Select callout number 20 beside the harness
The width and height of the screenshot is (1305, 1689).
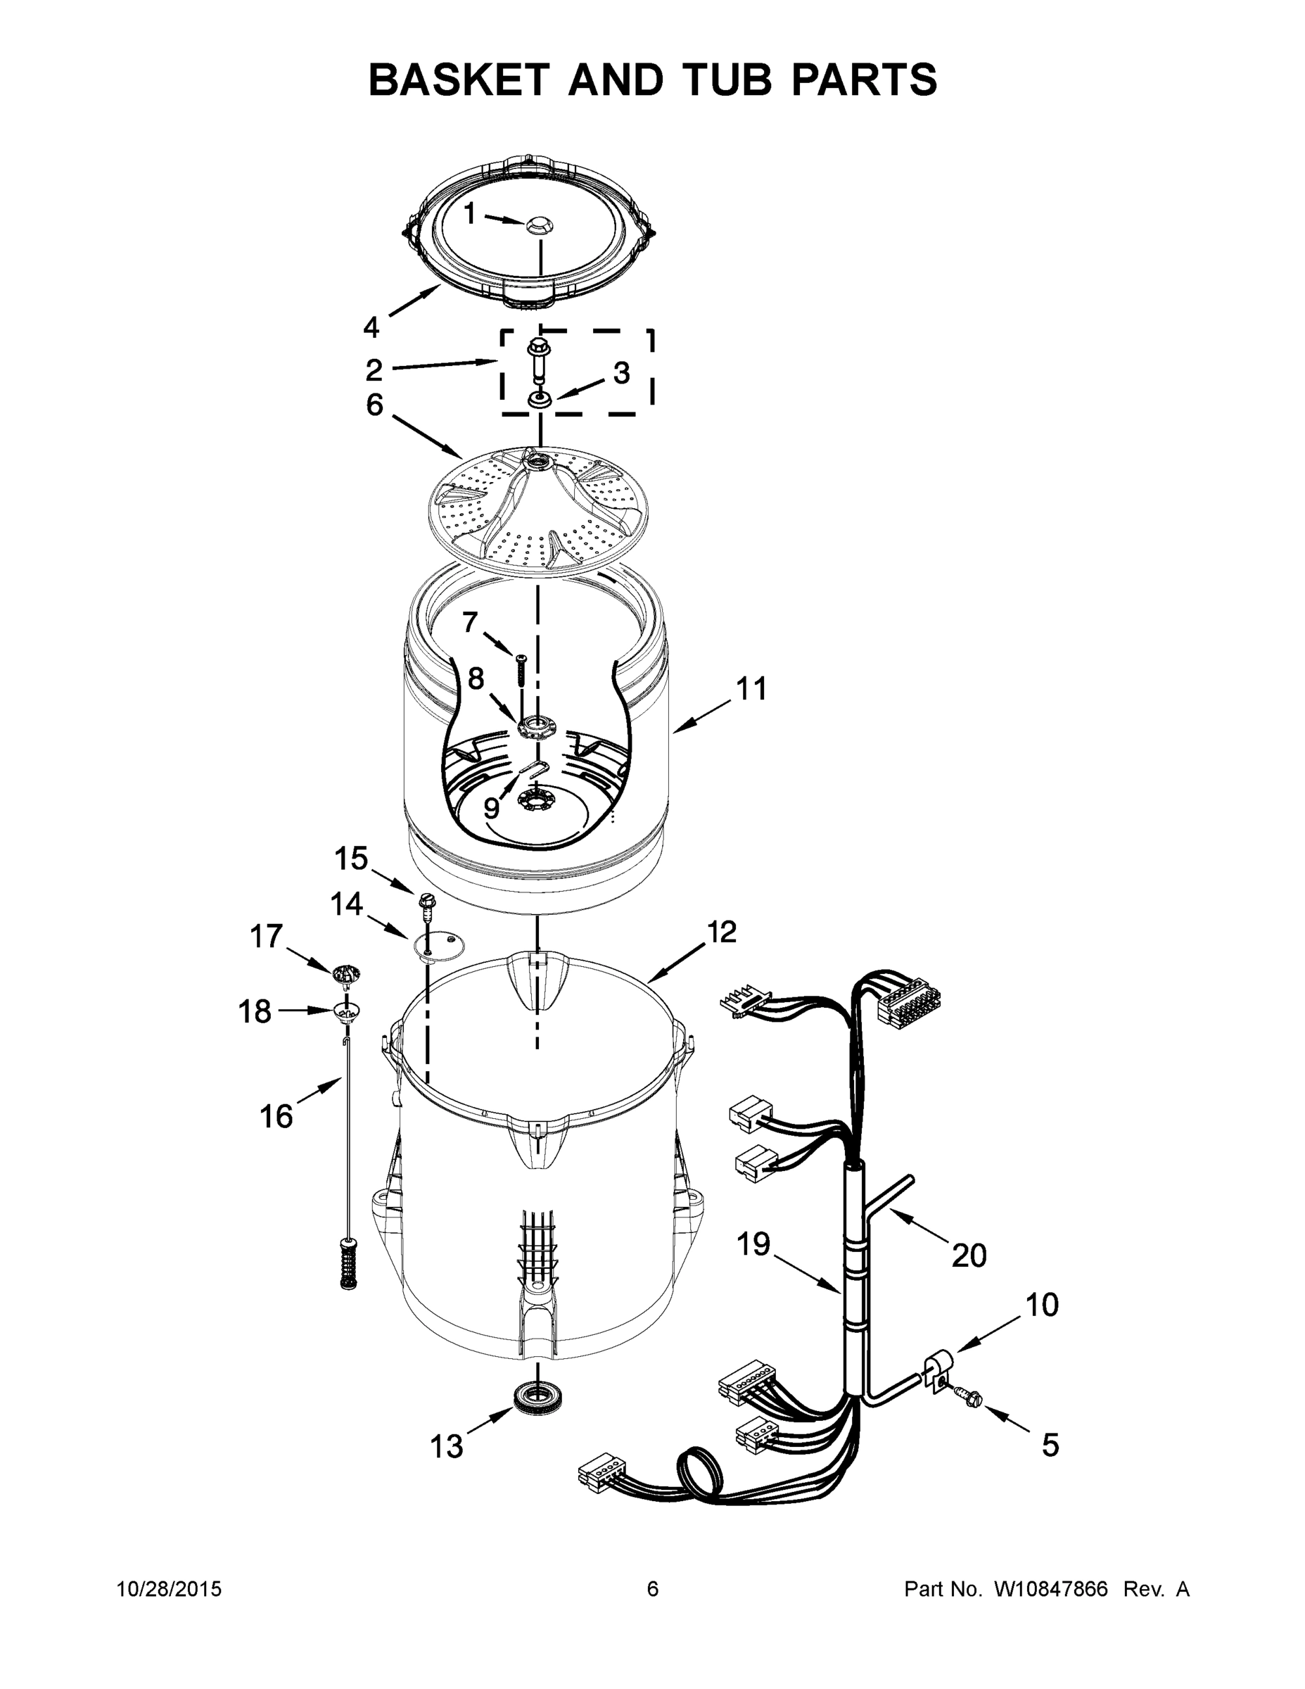[969, 1255]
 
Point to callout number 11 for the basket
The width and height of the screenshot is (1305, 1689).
[751, 688]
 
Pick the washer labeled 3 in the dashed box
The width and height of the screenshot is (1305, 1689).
[539, 400]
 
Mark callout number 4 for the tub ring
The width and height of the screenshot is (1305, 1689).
[371, 328]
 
